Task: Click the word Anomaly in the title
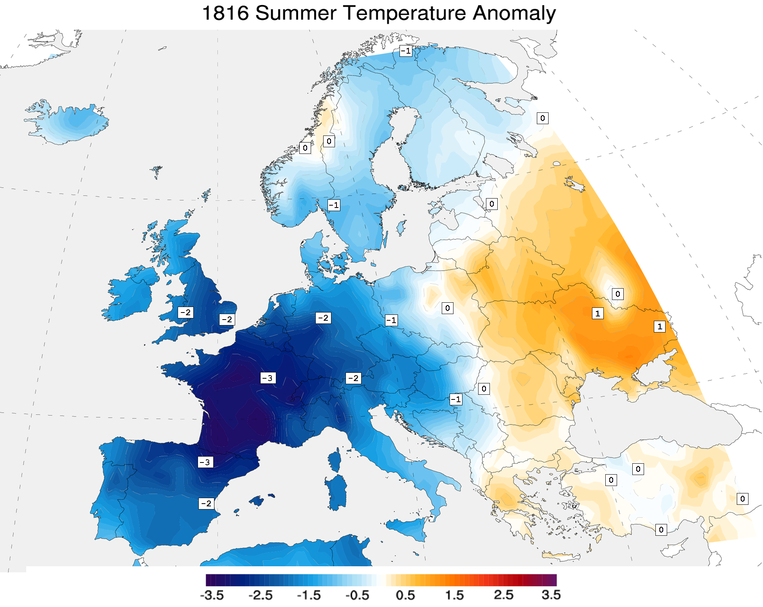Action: pyautogui.click(x=514, y=13)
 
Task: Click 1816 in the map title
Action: pyautogui.click(x=225, y=13)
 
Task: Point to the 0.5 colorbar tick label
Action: pyautogui.click(x=405, y=595)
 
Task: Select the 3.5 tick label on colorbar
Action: pyautogui.click(x=551, y=595)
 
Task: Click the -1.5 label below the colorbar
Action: pyautogui.click(x=309, y=595)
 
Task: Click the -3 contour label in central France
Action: pyautogui.click(x=268, y=378)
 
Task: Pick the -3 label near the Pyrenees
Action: pyautogui.click(x=205, y=462)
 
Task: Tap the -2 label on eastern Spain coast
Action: pyautogui.click(x=206, y=504)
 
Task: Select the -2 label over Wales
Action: pyautogui.click(x=185, y=313)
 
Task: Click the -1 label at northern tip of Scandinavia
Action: pyautogui.click(x=406, y=51)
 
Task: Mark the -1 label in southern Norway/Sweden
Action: pyautogui.click(x=334, y=205)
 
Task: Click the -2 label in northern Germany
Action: pyautogui.click(x=323, y=318)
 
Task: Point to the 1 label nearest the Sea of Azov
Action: pyautogui.click(x=660, y=326)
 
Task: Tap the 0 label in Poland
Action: pyautogui.click(x=447, y=308)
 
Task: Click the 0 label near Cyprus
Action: pyautogui.click(x=661, y=530)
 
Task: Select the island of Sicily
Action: pyautogui.click(x=407, y=529)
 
